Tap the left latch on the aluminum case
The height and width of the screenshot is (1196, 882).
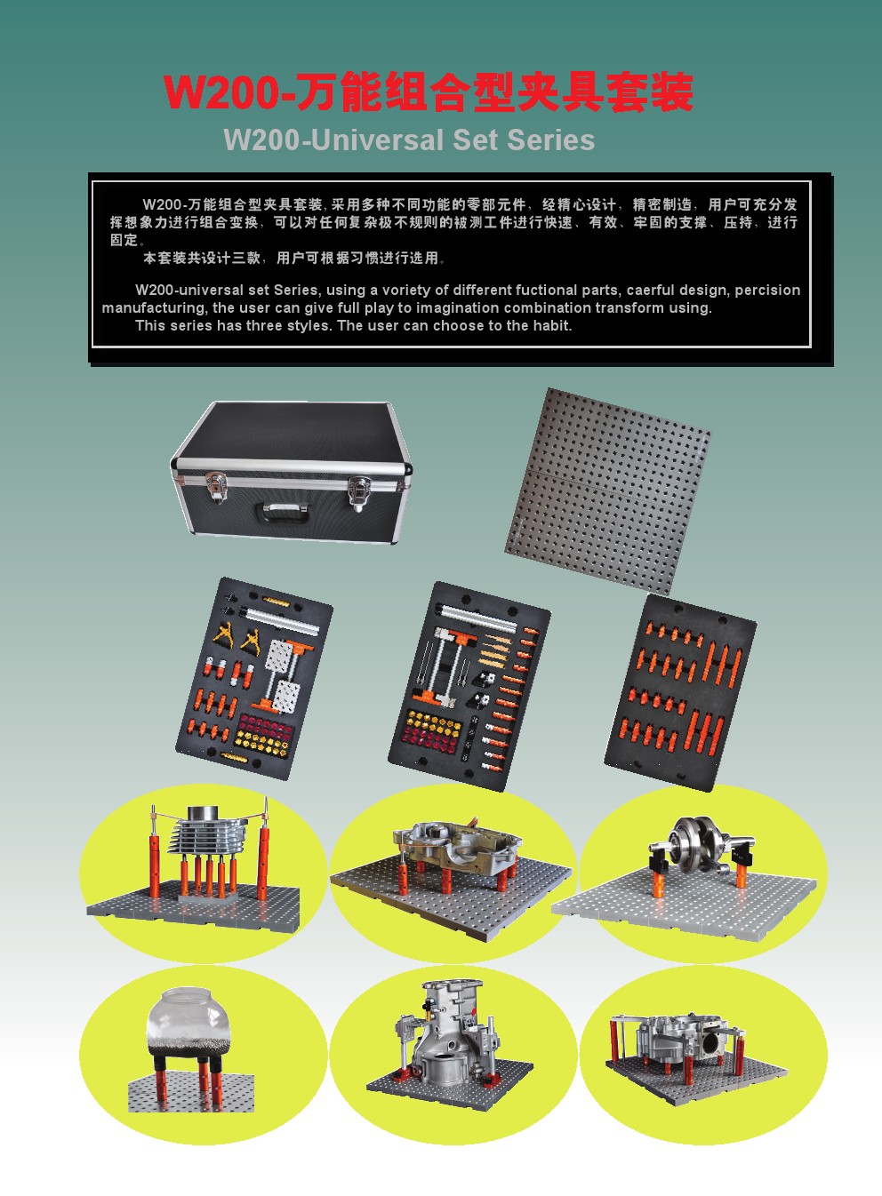216,486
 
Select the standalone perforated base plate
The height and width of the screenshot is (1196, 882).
608,491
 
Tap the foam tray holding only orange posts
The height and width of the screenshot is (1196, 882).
680,692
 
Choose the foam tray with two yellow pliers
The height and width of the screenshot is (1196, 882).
254,678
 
